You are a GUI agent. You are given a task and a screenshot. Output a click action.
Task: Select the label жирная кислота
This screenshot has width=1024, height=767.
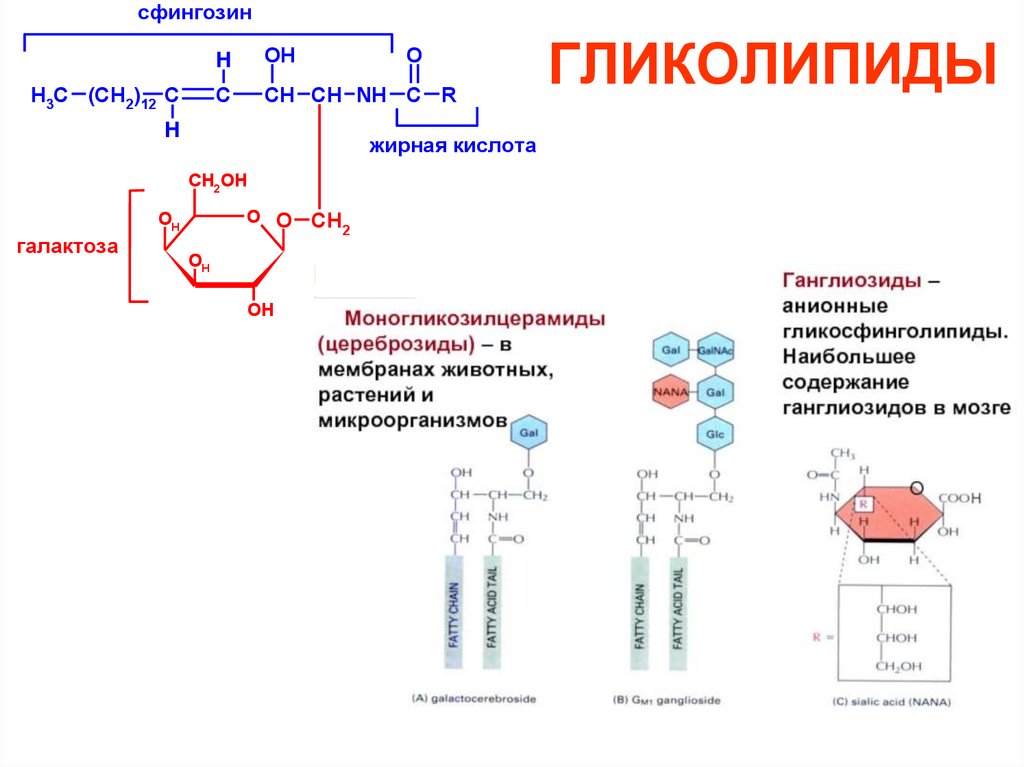point(453,146)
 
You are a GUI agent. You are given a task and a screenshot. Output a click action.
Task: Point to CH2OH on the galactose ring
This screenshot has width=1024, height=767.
point(217,180)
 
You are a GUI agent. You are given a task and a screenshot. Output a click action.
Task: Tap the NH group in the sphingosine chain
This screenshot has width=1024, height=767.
point(372,96)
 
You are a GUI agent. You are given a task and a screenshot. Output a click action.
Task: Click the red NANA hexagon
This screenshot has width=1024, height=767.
point(668,392)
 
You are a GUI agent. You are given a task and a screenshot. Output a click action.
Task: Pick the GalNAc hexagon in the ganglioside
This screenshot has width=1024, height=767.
point(716,351)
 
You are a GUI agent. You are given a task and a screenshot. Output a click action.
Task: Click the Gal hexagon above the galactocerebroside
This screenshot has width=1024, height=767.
point(528,433)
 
